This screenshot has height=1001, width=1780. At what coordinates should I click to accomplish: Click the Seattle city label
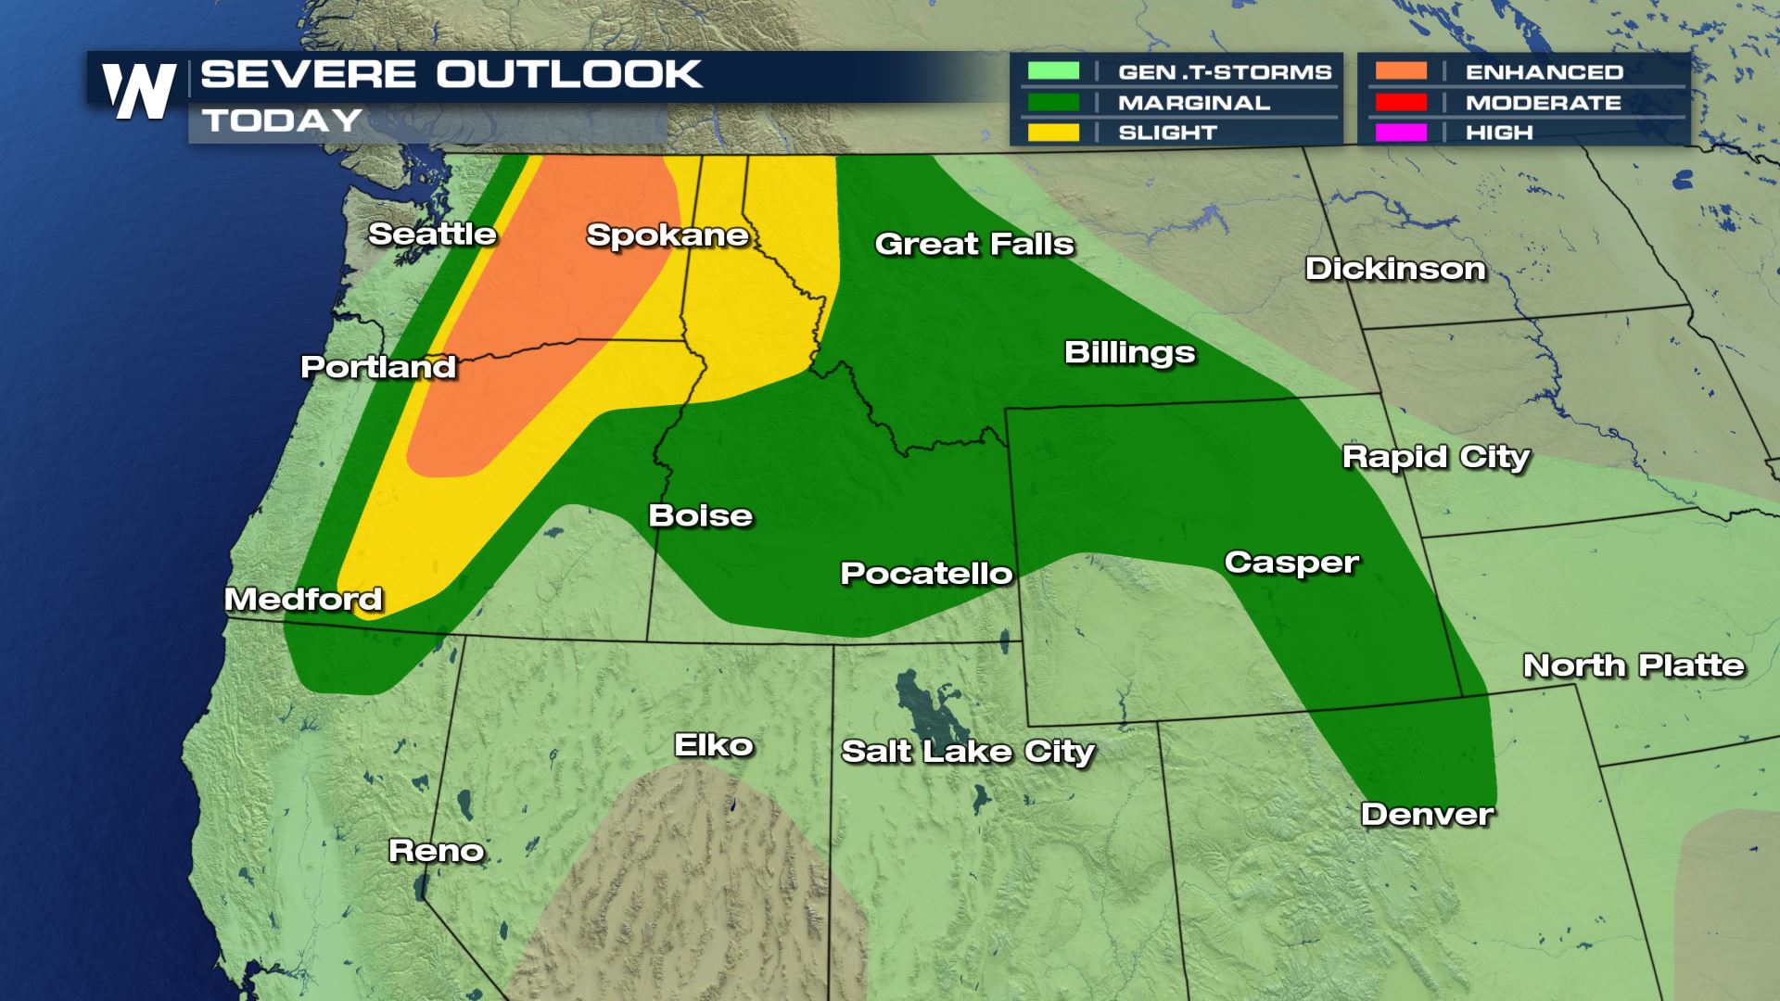(432, 234)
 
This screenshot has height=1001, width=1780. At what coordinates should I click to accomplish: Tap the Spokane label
(667, 235)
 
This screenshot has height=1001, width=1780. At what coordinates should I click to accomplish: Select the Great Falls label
(973, 244)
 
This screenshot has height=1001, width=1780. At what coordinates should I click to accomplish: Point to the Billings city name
(1129, 352)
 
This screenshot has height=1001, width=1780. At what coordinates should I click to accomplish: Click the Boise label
(700, 515)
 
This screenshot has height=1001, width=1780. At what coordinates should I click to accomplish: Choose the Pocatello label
(926, 573)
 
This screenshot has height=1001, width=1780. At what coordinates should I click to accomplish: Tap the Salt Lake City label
(967, 751)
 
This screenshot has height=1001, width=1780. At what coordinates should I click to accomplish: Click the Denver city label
(1427, 814)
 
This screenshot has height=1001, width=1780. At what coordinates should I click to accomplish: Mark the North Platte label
(1634, 665)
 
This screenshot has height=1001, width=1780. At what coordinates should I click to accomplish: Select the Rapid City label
(1435, 457)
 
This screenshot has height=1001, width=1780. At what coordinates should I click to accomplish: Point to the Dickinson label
(1395, 269)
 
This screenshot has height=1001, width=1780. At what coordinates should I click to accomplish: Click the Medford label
(303, 599)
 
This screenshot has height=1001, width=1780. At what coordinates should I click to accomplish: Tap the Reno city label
(436, 850)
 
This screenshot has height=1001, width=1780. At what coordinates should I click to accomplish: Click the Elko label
(713, 744)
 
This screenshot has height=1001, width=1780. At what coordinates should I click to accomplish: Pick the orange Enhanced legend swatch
(1401, 71)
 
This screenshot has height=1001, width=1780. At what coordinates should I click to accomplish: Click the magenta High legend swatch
(1401, 133)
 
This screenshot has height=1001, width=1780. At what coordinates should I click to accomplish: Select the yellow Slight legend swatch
(1053, 133)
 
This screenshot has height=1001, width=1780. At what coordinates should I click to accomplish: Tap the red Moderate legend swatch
(1401, 102)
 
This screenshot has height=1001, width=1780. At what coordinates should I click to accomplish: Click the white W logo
(139, 91)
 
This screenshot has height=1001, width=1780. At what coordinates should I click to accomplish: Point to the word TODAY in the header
(282, 120)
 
